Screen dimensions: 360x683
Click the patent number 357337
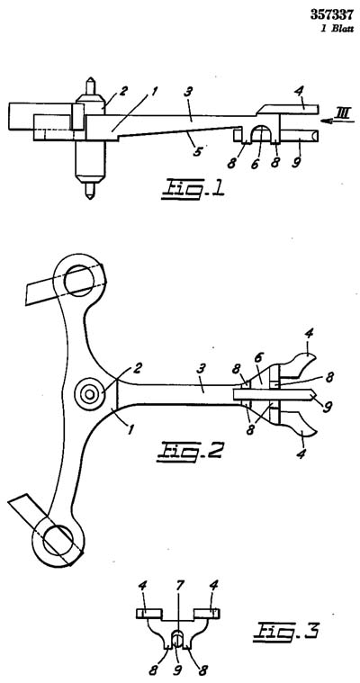coord(331,14)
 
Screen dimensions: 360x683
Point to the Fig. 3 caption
coord(285,630)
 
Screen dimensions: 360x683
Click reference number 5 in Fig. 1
coord(198,152)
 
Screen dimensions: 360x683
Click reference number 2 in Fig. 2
coord(137,369)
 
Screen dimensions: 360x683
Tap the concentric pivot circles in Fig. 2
coord(90,394)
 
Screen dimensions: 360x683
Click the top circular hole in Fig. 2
coord(78,282)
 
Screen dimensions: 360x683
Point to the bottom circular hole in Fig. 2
coord(58,540)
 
